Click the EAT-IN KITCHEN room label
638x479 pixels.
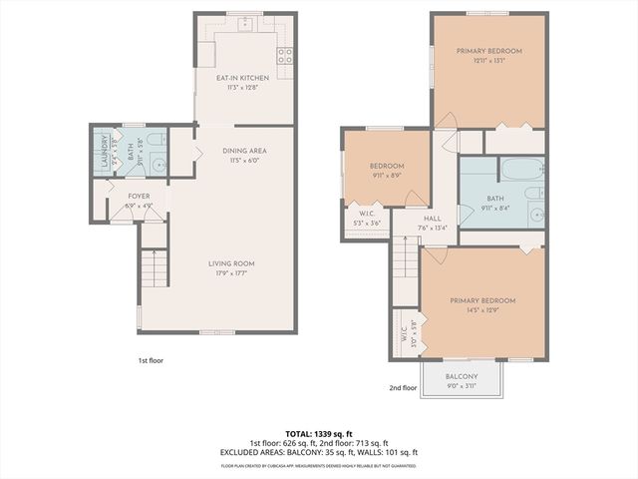tap(244, 77)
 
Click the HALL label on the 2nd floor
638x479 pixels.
tap(433, 218)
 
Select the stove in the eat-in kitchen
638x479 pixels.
tap(285, 57)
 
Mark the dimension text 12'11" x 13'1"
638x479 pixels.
tap(488, 60)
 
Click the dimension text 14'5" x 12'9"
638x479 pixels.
tap(482, 310)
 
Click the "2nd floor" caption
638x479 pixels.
tap(403, 388)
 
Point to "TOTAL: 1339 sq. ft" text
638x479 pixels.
tap(318, 433)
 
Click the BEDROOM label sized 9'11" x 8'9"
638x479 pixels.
tap(387, 166)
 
